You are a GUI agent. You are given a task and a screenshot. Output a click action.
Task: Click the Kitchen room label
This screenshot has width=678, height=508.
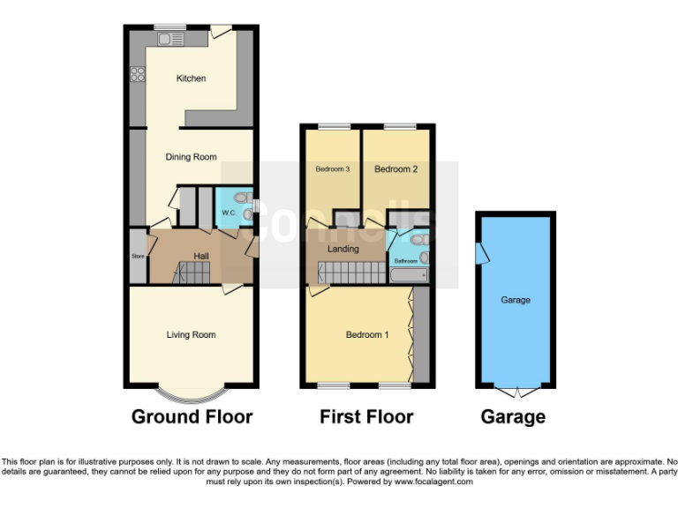[x=191, y=78]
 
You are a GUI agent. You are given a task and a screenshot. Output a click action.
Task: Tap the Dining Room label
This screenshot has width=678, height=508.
[x=192, y=157]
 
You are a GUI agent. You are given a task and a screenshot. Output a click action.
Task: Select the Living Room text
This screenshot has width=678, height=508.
[x=192, y=334]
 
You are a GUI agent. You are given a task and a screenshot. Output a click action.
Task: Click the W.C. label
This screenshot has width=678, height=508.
[x=228, y=213]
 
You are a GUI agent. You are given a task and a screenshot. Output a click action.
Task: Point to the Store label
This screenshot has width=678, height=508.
[x=138, y=257]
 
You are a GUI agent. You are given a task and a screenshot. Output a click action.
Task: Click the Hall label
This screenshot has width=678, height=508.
[x=201, y=256]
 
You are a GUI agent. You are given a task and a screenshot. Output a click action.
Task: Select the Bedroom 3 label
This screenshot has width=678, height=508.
[x=333, y=168]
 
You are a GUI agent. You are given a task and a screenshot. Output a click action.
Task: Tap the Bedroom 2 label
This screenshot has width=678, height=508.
[x=395, y=168]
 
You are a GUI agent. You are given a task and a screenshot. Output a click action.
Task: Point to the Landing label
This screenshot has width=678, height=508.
[x=343, y=249]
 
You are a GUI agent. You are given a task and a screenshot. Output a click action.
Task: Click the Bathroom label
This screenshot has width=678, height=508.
[x=405, y=261]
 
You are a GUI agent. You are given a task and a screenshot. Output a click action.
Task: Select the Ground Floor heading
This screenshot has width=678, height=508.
[x=192, y=416]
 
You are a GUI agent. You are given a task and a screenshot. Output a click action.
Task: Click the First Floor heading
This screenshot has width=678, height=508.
[x=366, y=416]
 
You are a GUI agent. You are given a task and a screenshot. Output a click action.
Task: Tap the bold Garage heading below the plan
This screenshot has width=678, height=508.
[x=513, y=416]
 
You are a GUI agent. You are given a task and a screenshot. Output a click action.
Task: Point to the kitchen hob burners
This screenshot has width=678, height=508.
[x=138, y=75]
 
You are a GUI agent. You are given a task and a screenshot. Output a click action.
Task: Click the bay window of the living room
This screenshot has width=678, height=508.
[x=192, y=391]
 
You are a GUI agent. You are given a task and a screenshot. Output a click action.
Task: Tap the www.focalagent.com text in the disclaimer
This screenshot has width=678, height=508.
[x=433, y=482]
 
